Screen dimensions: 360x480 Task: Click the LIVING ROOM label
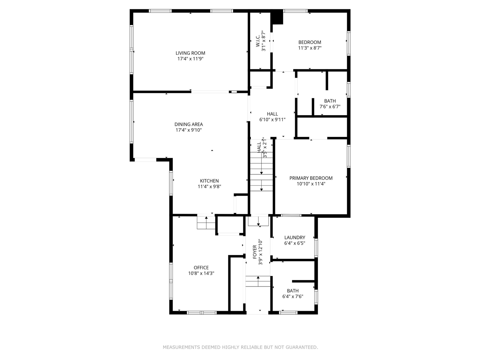pos(190,53)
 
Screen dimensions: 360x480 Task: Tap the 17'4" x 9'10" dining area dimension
pos(189,130)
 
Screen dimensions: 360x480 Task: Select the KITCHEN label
pos(209,181)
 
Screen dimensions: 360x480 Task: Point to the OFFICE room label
pos(201,268)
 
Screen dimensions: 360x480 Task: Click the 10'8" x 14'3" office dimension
pos(201,273)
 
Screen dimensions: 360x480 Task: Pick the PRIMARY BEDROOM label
pos(311,178)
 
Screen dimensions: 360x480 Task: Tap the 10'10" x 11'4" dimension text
pos(311,184)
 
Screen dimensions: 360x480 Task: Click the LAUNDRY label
pos(295,237)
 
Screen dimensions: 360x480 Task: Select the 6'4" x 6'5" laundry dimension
pos(295,243)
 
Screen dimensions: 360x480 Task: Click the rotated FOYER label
pos(255,252)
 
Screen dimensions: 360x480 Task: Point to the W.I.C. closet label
pos(258,41)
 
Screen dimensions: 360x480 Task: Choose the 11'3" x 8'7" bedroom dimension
pos(310,48)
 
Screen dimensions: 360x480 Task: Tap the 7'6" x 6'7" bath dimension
pos(330,106)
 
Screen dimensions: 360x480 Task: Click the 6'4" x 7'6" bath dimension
pos(293,297)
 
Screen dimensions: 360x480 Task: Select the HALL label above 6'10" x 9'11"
pos(273,114)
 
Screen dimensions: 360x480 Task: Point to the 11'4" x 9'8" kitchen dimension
pos(209,186)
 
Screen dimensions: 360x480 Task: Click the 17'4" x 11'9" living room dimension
pos(190,59)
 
